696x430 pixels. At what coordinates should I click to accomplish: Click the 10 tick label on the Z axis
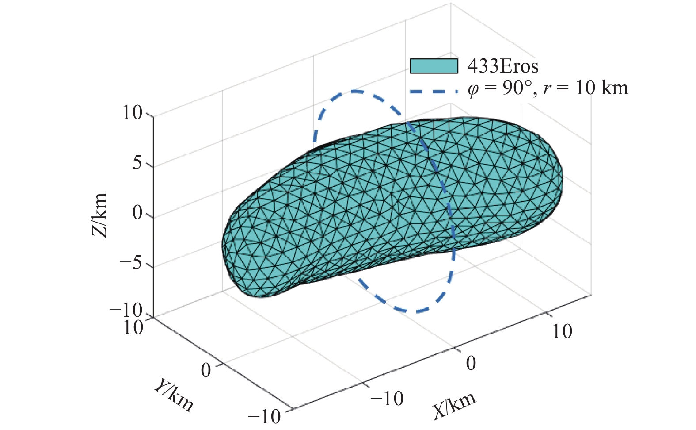(x=132, y=113)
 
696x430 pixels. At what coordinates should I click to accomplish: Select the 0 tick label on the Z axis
(x=137, y=214)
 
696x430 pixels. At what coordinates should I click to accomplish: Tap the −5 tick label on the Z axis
(x=131, y=264)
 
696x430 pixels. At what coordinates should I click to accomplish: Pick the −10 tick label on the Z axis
(x=126, y=311)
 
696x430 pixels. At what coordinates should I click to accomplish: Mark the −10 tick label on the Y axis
(x=264, y=416)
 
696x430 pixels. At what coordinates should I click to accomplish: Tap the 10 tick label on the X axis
(x=562, y=332)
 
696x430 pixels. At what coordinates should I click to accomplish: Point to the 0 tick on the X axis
(x=471, y=363)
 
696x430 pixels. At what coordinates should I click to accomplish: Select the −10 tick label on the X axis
(x=387, y=399)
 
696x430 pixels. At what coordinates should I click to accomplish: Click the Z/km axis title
(x=100, y=215)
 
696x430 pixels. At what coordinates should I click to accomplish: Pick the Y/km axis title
(x=174, y=395)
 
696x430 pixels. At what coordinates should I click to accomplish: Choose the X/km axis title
(x=454, y=405)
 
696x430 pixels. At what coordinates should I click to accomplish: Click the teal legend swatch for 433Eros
(x=434, y=66)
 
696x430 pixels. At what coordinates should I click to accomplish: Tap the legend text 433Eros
(x=503, y=66)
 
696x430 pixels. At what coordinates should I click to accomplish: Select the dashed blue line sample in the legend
(x=434, y=92)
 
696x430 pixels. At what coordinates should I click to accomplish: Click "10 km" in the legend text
(x=601, y=88)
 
